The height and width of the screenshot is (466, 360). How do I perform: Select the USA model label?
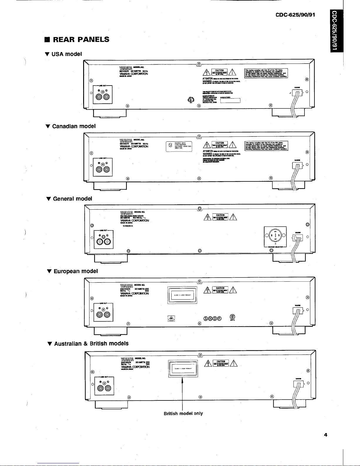coord(64,54)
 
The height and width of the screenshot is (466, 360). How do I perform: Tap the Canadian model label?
coord(71,126)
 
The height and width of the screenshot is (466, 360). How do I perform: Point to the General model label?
coord(69,199)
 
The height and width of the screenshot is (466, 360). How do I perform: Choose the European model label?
coord(73,271)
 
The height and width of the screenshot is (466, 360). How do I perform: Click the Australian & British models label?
coord(88,343)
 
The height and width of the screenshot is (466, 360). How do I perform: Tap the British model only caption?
coord(183,413)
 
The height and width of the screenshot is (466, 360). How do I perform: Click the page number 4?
coord(326,435)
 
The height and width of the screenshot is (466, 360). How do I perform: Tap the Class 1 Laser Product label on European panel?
coord(182,295)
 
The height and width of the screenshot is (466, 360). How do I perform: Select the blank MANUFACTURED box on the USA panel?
coord(230,101)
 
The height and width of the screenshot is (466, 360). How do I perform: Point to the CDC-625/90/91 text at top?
coord(295,14)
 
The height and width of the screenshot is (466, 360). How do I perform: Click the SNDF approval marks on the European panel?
coord(213,318)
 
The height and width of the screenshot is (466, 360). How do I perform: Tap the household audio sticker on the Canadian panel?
coord(179,146)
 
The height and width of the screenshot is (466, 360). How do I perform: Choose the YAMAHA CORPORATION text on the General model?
coord(135,220)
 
